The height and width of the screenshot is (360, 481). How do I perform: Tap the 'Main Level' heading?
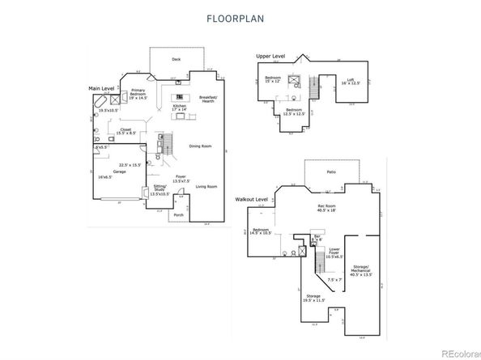(103, 87)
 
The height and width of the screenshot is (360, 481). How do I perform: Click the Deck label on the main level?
(177, 59)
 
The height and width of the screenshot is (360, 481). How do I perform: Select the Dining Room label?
(200, 146)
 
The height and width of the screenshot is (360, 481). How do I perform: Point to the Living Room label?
(206, 187)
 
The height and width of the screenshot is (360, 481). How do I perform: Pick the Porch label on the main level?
(179, 215)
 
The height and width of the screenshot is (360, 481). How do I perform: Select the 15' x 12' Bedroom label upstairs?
(272, 79)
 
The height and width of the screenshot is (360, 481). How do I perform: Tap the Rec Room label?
(326, 206)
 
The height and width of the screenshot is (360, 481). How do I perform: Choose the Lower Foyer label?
(334, 252)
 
